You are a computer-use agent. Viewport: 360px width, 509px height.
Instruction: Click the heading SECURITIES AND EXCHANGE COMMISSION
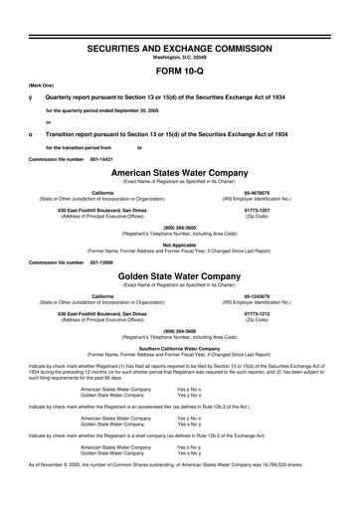tap(180, 48)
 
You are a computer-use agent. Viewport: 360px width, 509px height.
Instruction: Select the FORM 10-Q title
tap(180, 74)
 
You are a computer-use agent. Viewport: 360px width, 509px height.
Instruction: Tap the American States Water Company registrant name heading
tap(180, 173)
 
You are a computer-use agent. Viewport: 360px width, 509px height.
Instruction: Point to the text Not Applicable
tap(180, 245)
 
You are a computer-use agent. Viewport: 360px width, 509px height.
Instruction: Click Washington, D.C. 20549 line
tap(180, 58)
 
